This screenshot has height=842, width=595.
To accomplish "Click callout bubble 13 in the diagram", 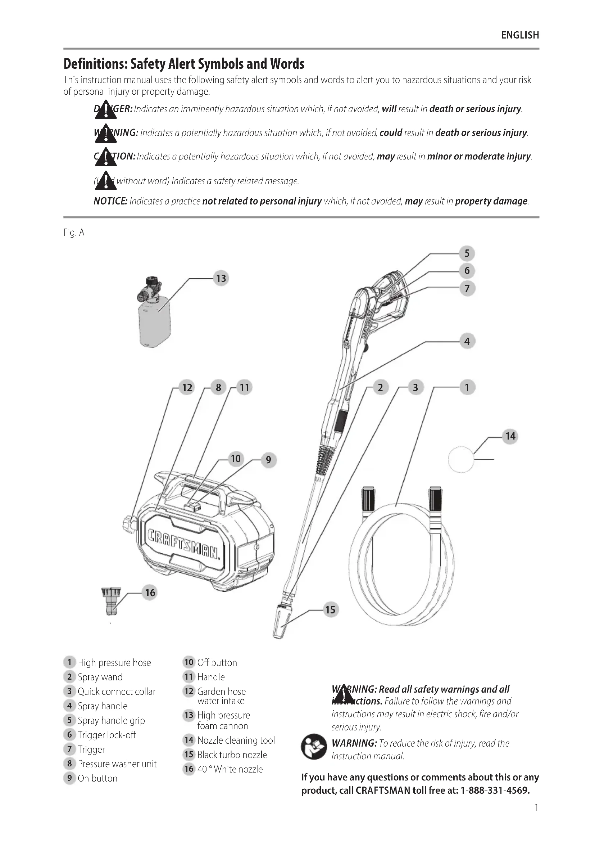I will pos(221,278).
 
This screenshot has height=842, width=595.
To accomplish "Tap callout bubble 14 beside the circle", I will pos(510,436).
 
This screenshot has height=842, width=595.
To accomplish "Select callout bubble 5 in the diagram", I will pos(467,253).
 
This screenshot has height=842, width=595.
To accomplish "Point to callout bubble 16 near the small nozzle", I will pos(150,593).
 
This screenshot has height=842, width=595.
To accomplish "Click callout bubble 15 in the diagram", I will pos(330,610).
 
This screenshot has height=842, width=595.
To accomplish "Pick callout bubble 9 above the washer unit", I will pos(269,459).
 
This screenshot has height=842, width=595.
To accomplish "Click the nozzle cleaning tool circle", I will pos(461,459).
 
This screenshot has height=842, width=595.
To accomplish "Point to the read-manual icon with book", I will pos(314,747).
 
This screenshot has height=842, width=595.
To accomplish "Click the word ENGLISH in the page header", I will pos(520,35).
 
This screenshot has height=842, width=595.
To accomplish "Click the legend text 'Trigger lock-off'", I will pos(106,735).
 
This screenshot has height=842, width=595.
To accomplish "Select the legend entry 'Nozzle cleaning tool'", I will pos(236,740).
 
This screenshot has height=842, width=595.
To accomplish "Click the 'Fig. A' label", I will pos(74,233).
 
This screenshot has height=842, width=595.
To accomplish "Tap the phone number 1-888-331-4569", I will pos(495,790).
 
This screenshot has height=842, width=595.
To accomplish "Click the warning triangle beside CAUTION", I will pos(105,157).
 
